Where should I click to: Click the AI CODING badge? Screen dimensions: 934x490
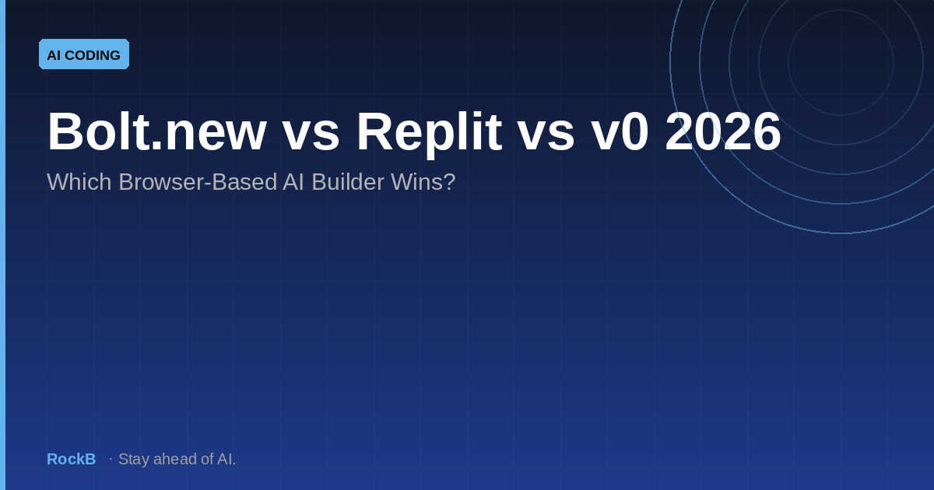(84, 54)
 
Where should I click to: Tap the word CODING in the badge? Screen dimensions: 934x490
(93, 55)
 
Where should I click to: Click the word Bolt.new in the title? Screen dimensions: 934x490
(156, 131)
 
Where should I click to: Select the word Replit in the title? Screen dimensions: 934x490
(429, 134)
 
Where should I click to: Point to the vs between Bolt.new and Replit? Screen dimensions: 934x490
(311, 137)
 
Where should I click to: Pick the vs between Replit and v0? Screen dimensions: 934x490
(546, 137)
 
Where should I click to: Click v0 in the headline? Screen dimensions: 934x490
(620, 131)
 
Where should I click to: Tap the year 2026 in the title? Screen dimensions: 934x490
(722, 131)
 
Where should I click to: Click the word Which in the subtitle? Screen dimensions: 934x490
(79, 182)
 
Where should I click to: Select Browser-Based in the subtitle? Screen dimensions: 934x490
(198, 182)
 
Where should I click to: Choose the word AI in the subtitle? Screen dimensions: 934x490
(293, 182)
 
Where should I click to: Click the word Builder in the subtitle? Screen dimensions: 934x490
(348, 182)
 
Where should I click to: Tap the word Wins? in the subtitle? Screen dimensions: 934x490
(423, 182)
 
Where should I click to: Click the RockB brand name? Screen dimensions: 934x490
(72, 459)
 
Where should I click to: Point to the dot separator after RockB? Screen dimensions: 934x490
(111, 459)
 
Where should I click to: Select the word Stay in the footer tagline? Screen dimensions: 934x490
(134, 460)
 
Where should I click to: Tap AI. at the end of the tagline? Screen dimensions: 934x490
(226, 459)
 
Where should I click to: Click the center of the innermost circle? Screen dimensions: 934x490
(841, 62)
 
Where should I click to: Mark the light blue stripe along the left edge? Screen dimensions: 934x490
(3, 245)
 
